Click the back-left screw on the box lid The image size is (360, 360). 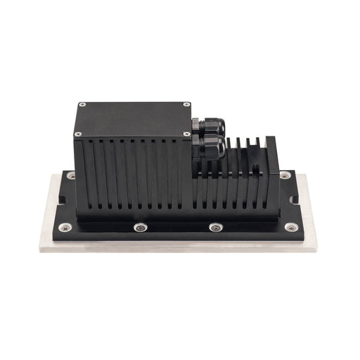pos(83,105)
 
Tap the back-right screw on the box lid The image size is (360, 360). pos(187,105)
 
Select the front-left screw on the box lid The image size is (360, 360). pos(78,134)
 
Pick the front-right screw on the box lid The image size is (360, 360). pos(186,134)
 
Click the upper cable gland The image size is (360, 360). pos(208,127)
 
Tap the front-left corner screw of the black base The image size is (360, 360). pos(65,227)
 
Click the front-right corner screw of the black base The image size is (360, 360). pos(290,227)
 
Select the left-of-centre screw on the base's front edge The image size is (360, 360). pos(141,227)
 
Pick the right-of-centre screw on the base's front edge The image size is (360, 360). pos(216,227)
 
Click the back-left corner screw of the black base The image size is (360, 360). pos(71,175)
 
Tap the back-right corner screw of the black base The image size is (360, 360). pos(284,174)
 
